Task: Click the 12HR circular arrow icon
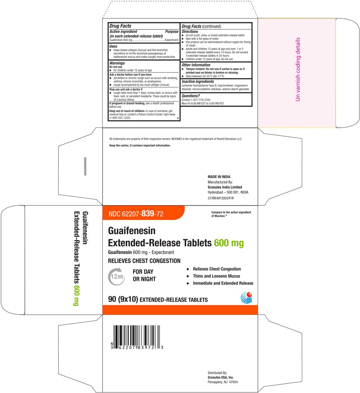(x=115, y=277)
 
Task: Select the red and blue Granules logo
(x=246, y=297)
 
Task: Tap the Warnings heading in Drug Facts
(x=117, y=63)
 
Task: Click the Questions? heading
(x=191, y=96)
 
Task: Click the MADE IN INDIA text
(x=218, y=177)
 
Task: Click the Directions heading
(x=190, y=31)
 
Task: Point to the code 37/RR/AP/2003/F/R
(x=221, y=198)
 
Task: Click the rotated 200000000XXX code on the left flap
(x=85, y=167)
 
